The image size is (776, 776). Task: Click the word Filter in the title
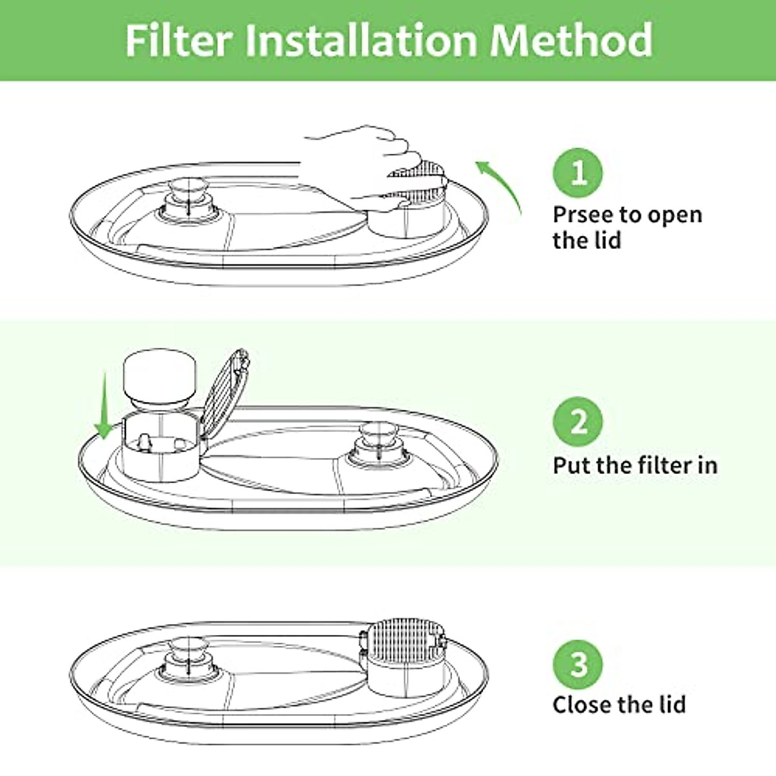[178, 40]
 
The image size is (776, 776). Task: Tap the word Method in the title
[570, 40]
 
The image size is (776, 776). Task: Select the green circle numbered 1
[578, 173]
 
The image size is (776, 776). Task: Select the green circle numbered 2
[578, 422]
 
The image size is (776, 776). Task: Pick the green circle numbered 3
[578, 663]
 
